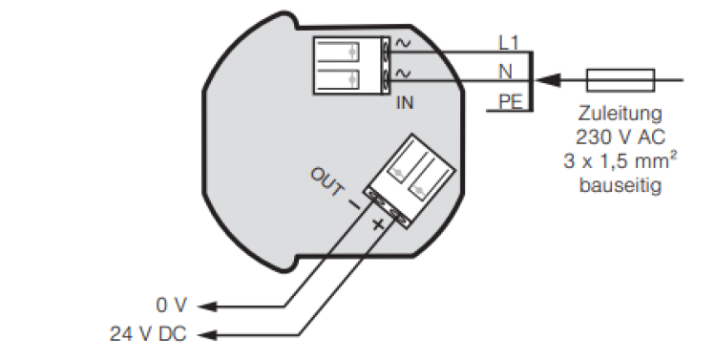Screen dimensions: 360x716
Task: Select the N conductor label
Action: (506, 70)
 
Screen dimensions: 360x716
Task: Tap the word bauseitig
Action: (621, 184)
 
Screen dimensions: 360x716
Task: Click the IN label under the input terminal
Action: (405, 101)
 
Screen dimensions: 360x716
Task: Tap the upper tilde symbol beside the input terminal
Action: (402, 43)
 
